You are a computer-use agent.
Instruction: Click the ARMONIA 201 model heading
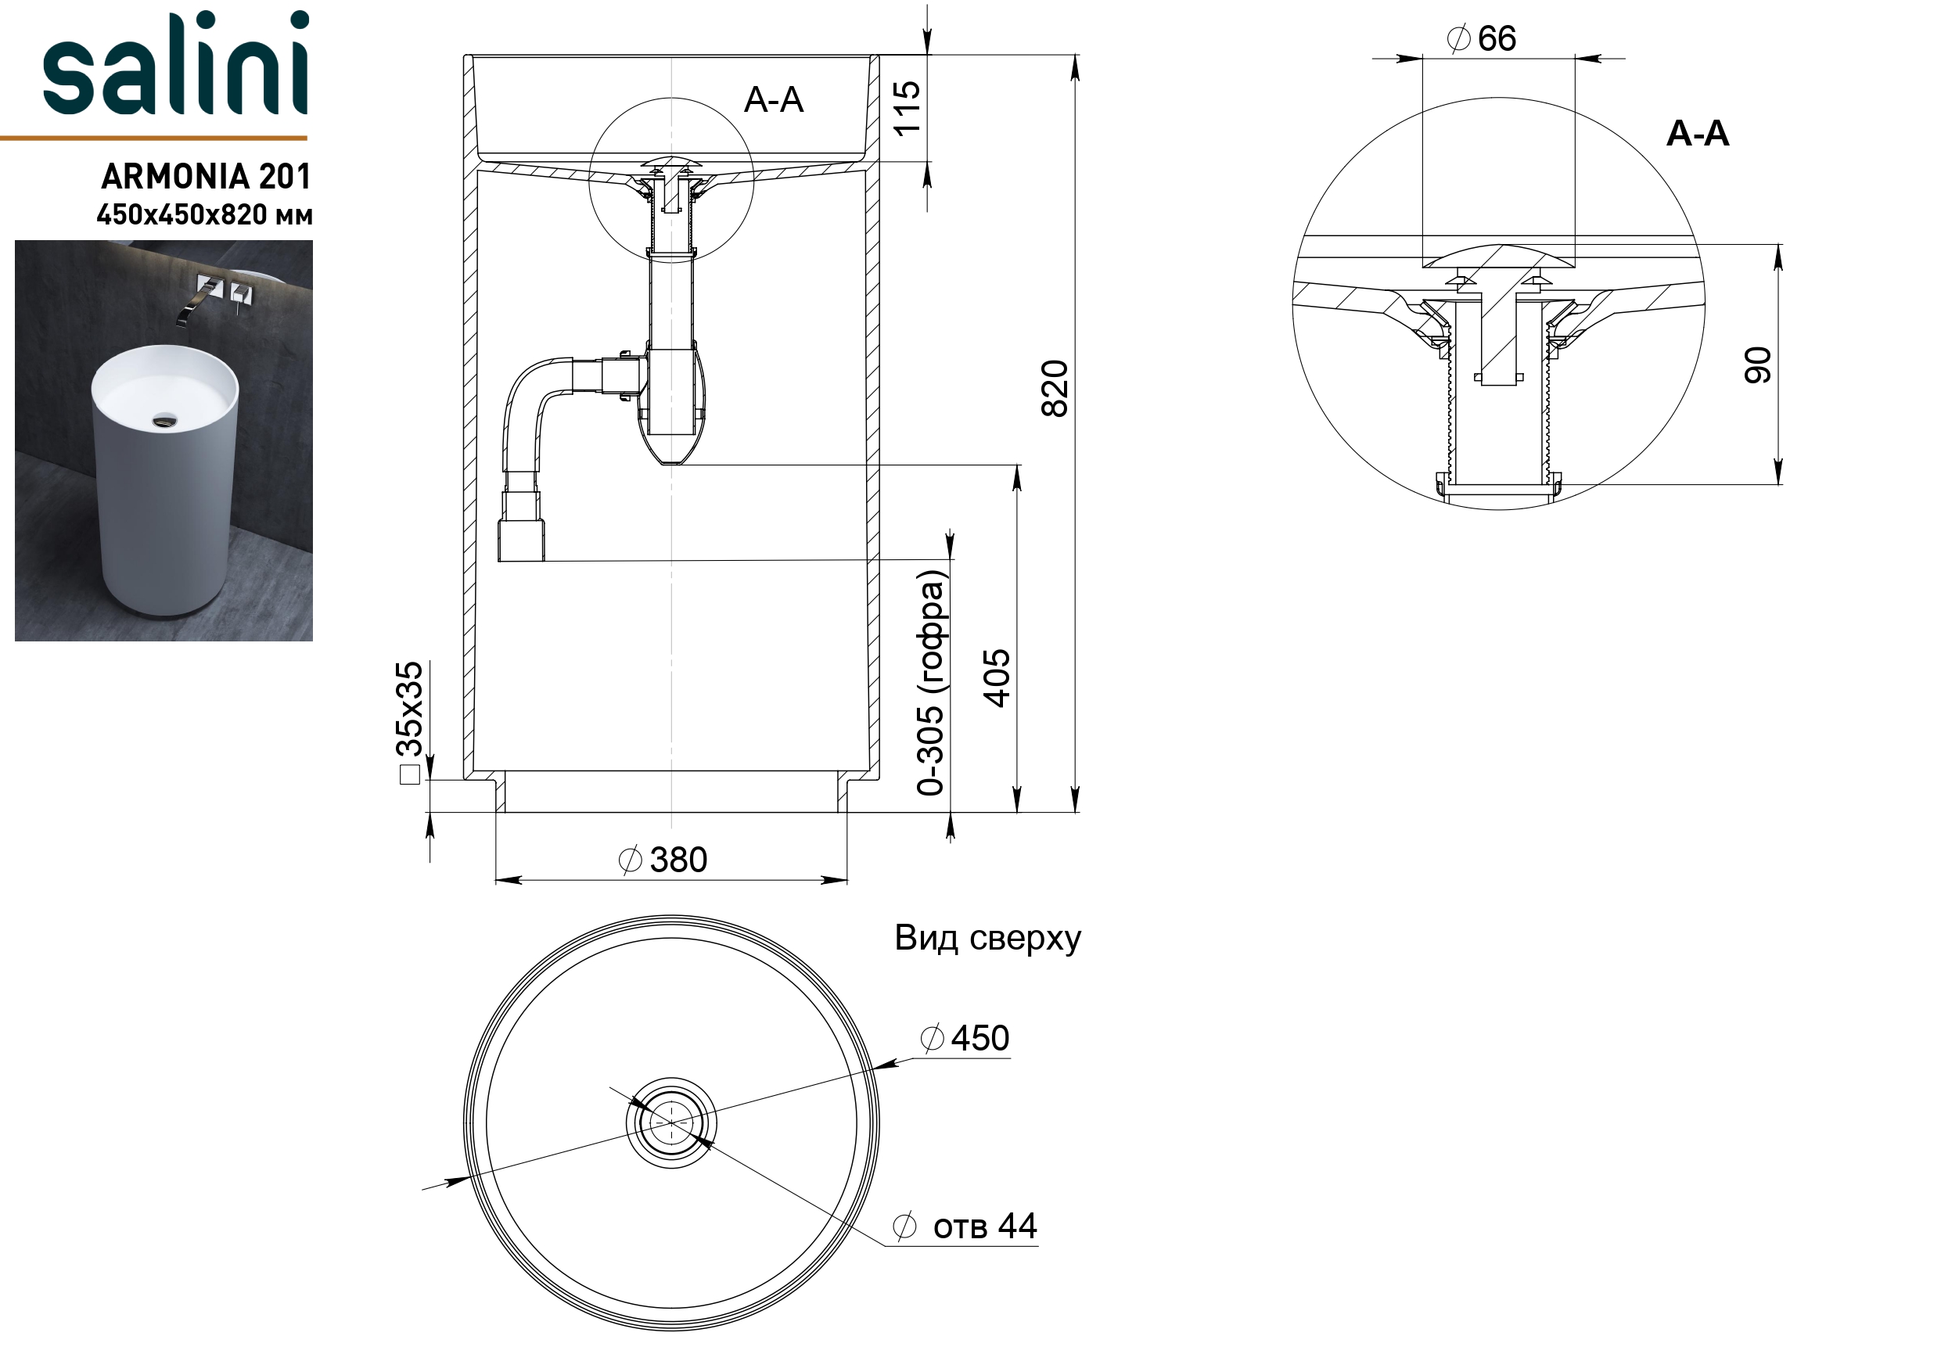pos(207,177)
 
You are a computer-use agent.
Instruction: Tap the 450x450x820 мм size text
pos(204,216)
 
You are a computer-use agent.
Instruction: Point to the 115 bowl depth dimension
pos(906,107)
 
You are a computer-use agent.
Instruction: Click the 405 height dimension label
pos(997,678)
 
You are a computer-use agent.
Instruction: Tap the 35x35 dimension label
pos(409,709)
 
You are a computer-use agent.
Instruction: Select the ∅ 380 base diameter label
pos(663,860)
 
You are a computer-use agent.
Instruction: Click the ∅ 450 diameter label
pos(965,1038)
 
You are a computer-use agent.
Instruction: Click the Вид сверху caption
pos(987,939)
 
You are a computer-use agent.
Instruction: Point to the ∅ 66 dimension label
pos(1482,39)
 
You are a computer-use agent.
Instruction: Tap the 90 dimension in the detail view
pos(1759,365)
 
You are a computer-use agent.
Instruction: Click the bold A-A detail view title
pos(1698,134)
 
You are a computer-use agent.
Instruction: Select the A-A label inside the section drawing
pos(774,100)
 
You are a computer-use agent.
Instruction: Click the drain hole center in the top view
pos(671,1123)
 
